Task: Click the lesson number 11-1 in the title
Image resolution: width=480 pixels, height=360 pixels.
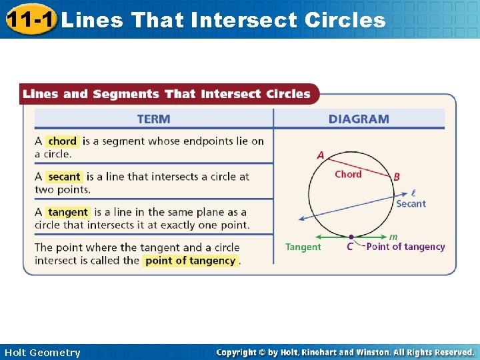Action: pyautogui.click(x=31, y=19)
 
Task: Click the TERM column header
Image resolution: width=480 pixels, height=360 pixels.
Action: pyautogui.click(x=153, y=119)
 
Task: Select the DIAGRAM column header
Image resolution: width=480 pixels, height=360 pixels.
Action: pyautogui.click(x=359, y=119)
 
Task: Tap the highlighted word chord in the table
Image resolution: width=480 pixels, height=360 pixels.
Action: pyautogui.click(x=63, y=141)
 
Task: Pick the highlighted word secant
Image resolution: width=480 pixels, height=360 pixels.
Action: pyautogui.click(x=65, y=177)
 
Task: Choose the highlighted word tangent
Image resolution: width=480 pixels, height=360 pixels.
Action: pyautogui.click(x=68, y=212)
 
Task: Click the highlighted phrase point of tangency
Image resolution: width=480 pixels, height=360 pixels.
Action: pyautogui.click(x=190, y=261)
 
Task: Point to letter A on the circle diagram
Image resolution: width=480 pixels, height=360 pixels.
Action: pyautogui.click(x=321, y=155)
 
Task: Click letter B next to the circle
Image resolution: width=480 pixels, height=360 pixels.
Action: pyautogui.click(x=397, y=177)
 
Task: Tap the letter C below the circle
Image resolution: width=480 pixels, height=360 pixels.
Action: pyautogui.click(x=350, y=247)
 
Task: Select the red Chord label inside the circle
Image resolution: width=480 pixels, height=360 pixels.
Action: pyautogui.click(x=348, y=175)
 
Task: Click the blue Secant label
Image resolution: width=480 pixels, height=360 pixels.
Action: pyautogui.click(x=411, y=204)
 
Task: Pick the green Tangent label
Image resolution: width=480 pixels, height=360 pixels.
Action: pyautogui.click(x=303, y=247)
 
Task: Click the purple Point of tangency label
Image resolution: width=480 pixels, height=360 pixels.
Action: pyautogui.click(x=405, y=247)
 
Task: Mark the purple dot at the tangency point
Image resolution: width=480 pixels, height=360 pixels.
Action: pyautogui.click(x=351, y=236)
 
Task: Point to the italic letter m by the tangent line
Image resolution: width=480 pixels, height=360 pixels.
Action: pyautogui.click(x=393, y=236)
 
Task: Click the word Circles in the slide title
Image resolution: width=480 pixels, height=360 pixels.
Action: pyautogui.click(x=345, y=19)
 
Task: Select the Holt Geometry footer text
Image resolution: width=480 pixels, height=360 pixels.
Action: pyautogui.click(x=42, y=352)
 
